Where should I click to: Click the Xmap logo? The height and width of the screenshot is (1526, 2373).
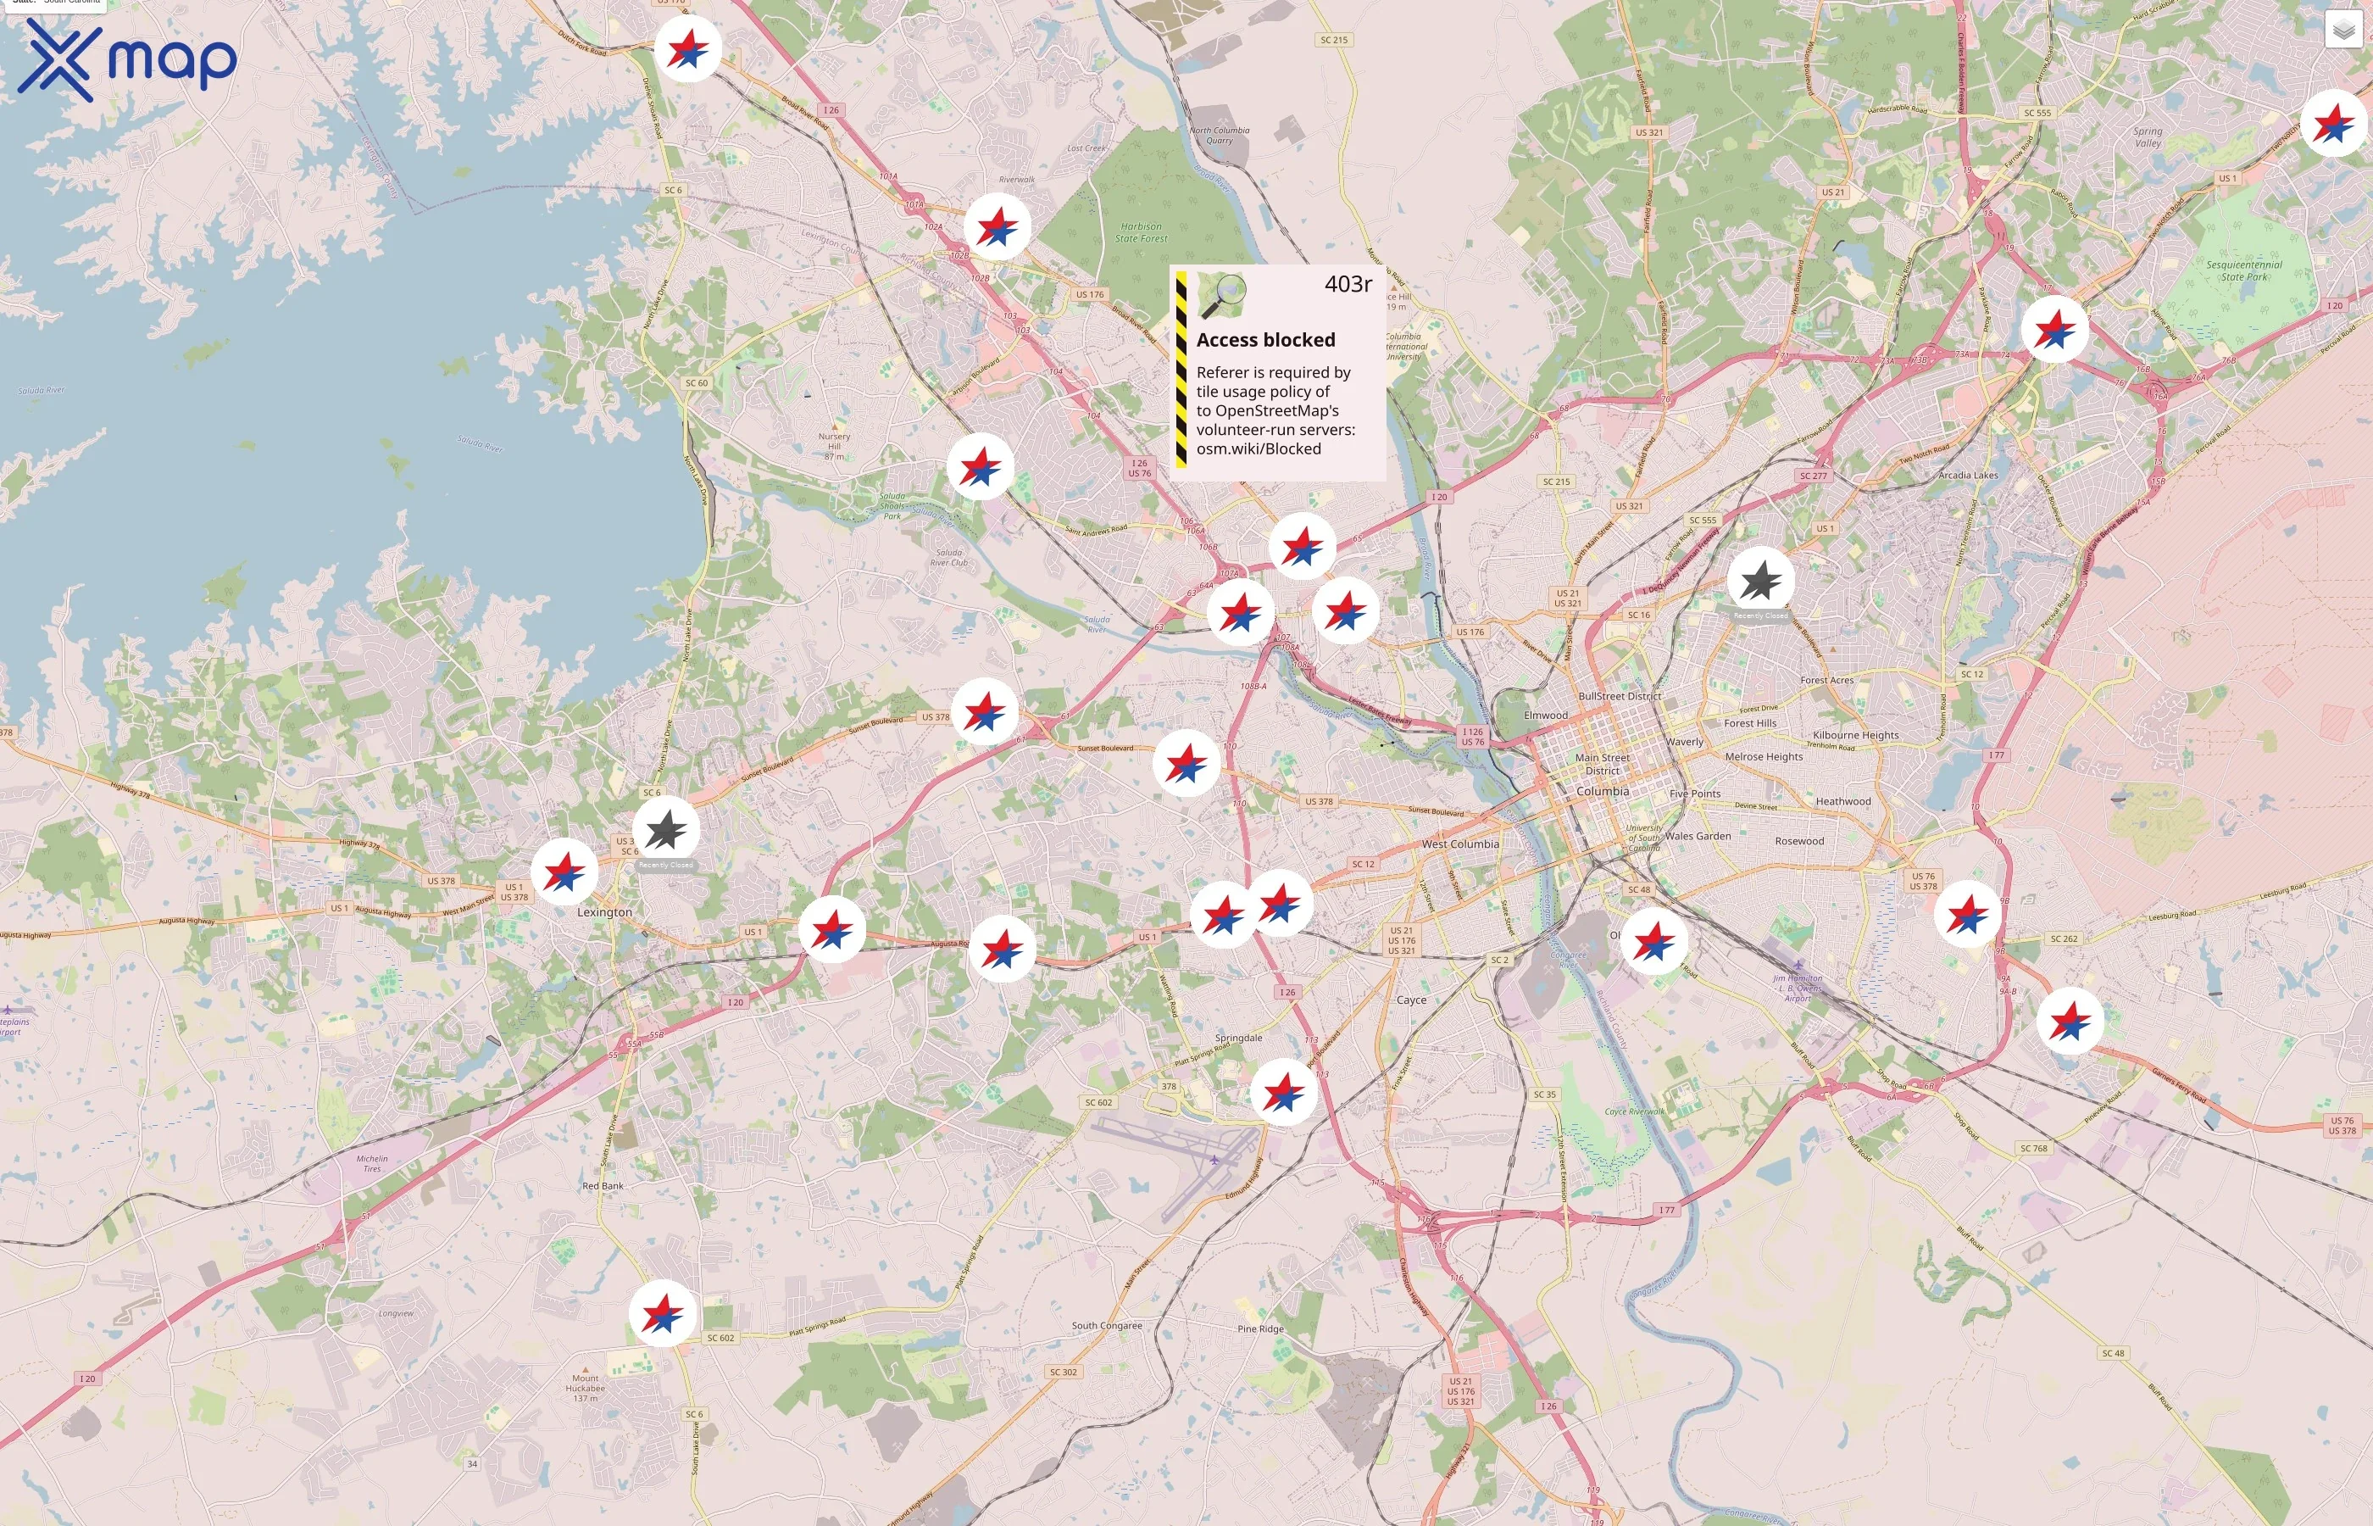127,59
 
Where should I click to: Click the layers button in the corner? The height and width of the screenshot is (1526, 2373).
2342,31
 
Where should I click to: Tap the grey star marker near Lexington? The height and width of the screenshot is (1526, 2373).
665,830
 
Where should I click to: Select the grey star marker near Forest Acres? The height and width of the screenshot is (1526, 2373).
1760,581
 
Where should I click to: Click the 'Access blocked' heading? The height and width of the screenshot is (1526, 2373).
1264,340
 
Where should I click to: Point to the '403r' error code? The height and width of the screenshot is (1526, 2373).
1347,284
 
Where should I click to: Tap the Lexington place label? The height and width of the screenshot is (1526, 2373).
604,911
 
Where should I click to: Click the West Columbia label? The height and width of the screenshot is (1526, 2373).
1460,844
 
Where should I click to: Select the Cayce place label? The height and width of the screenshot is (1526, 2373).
1410,1000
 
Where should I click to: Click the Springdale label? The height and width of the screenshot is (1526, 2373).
1238,1038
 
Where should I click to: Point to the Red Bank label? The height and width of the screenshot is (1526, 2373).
603,1186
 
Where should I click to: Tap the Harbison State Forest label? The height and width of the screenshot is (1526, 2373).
1141,232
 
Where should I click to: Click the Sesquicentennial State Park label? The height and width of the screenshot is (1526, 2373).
2243,270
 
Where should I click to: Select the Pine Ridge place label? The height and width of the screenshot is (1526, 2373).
1259,1328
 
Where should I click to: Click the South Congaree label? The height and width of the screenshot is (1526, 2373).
1106,1326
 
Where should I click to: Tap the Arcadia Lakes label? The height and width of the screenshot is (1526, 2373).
1967,476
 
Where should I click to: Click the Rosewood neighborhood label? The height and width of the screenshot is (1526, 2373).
1798,841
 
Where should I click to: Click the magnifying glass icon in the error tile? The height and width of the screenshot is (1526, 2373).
1224,294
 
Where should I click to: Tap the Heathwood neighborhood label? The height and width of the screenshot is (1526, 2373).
1842,802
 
